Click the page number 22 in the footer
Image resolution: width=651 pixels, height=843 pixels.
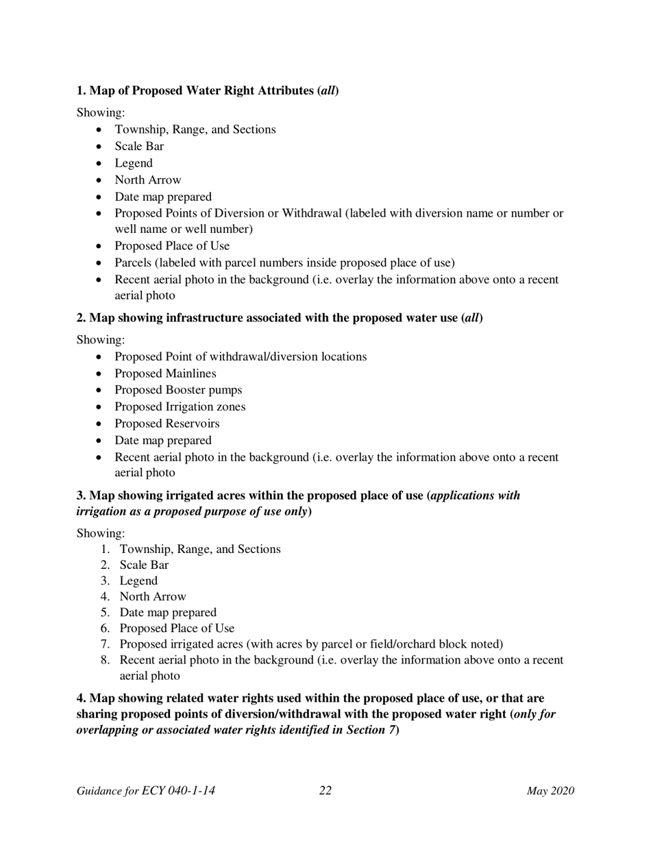[325, 791]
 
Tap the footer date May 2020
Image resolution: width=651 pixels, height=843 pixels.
[550, 792]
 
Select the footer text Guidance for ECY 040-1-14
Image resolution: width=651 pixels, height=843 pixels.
[146, 791]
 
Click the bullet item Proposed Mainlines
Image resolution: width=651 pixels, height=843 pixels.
[165, 374]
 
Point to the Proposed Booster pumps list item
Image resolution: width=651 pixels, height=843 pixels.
[178, 390]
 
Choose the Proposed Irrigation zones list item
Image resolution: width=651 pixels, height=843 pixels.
[180, 406]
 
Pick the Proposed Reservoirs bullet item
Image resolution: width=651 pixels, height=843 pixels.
[167, 424]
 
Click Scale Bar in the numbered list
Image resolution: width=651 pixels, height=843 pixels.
[144, 565]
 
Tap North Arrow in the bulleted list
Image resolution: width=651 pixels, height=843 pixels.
[148, 180]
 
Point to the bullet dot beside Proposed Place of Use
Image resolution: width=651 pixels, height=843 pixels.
[101, 246]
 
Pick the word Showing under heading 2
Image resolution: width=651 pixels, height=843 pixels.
[100, 340]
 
